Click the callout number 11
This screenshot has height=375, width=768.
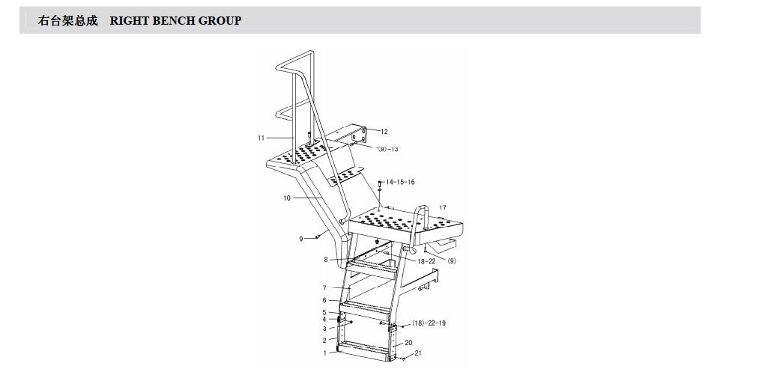click(x=261, y=138)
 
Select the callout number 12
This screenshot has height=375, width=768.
click(x=384, y=132)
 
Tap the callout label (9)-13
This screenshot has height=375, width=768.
click(x=387, y=149)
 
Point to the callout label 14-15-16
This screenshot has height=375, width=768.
click(x=400, y=182)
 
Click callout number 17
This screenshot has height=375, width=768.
click(x=443, y=208)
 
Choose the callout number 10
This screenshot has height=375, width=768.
click(x=286, y=198)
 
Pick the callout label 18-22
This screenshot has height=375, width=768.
click(x=426, y=261)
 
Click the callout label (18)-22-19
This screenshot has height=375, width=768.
click(x=429, y=323)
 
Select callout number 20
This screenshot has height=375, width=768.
click(x=408, y=343)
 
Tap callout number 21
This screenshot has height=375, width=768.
click(x=418, y=353)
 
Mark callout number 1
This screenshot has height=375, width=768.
click(x=324, y=353)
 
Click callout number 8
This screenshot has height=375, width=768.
click(x=326, y=260)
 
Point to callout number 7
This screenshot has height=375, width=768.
click(x=324, y=288)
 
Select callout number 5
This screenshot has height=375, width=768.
click(x=324, y=312)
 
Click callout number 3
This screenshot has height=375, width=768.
click(x=324, y=329)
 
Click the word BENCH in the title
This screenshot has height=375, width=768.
click(x=173, y=20)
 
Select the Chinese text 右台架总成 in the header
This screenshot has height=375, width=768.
click(x=68, y=20)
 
